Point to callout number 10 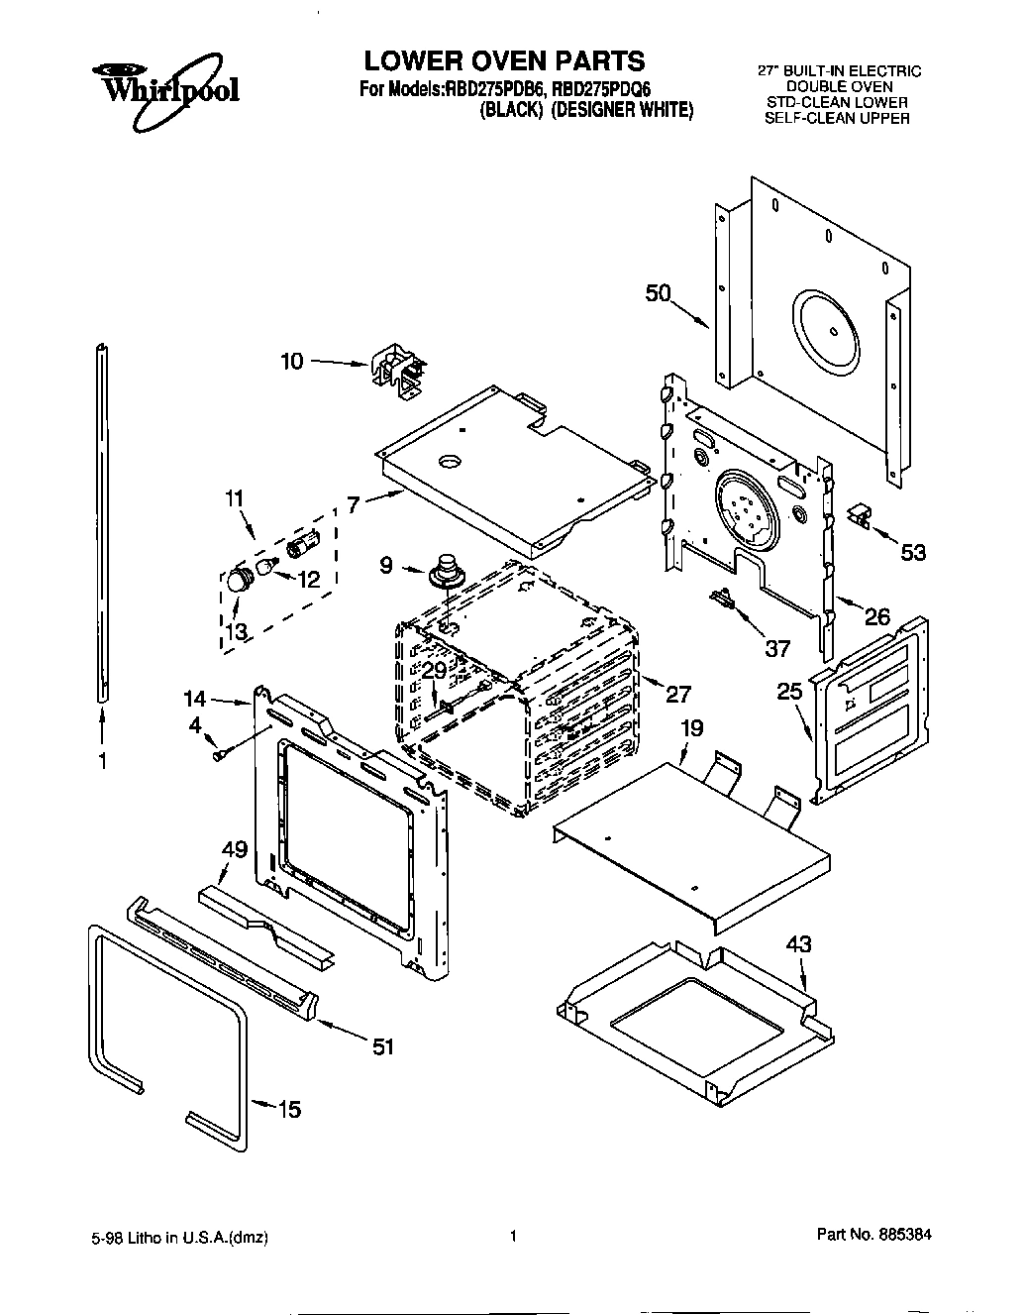[x=292, y=362]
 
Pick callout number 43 [x=798, y=944]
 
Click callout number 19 [x=691, y=728]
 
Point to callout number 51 [x=382, y=1045]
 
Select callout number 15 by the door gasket [x=288, y=1110]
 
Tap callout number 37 [x=777, y=648]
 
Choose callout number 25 [x=788, y=691]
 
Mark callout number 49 [x=234, y=848]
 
